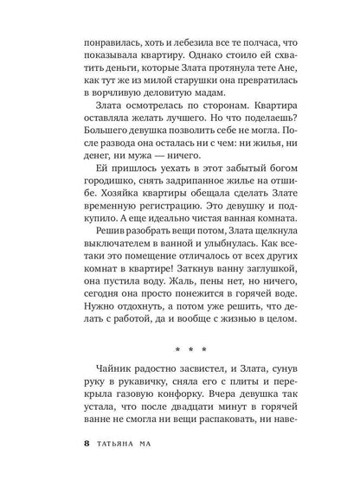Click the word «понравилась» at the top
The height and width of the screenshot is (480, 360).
pyautogui.click(x=110, y=41)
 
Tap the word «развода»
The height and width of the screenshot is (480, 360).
pyautogui.click(x=122, y=182)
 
